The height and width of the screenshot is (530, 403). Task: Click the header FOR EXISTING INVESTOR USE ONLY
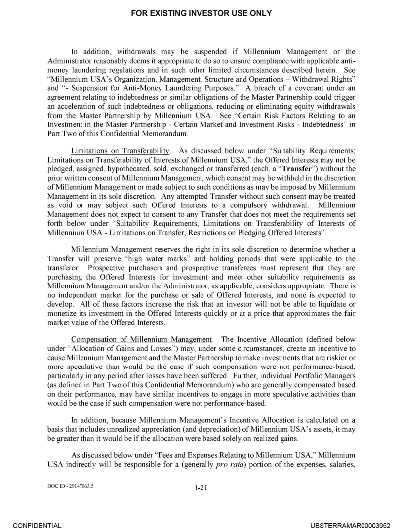pos(201,13)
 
